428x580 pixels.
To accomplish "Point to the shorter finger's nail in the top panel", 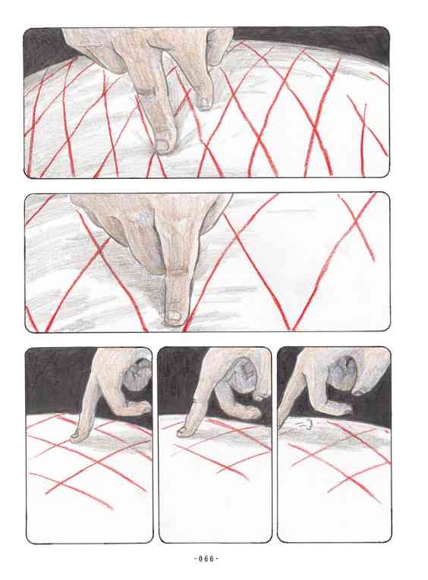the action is (x=203, y=102).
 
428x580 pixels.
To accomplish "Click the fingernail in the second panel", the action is (x=173, y=316).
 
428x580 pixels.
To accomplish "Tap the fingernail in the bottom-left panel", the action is (x=75, y=437).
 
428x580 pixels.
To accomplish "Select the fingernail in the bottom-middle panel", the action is (x=183, y=430).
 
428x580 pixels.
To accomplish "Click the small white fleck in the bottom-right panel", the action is (x=308, y=425).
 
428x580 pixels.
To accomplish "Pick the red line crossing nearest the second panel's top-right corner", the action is (x=356, y=222).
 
